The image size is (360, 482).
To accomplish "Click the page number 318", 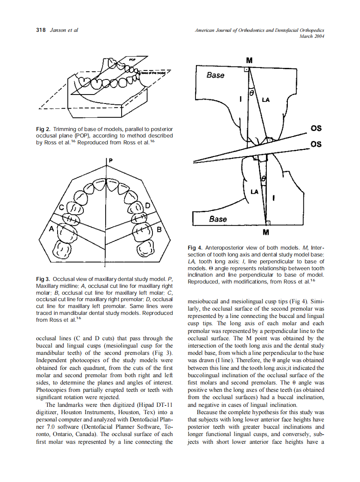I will (x=41, y=30).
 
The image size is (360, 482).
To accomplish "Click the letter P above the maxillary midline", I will (x=110, y=160).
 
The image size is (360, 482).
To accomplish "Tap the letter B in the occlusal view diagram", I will (x=159, y=229).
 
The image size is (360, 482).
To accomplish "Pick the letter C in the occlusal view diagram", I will (x=62, y=208).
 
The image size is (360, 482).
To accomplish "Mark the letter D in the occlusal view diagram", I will (x=147, y=206).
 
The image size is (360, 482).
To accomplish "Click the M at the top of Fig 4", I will (x=250, y=59).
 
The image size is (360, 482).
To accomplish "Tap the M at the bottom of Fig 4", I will (x=266, y=232).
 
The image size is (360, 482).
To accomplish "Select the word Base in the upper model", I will (x=215, y=75).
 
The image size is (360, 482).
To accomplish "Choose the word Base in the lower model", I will (x=218, y=219).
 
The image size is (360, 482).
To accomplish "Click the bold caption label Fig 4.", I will (x=195, y=248).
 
